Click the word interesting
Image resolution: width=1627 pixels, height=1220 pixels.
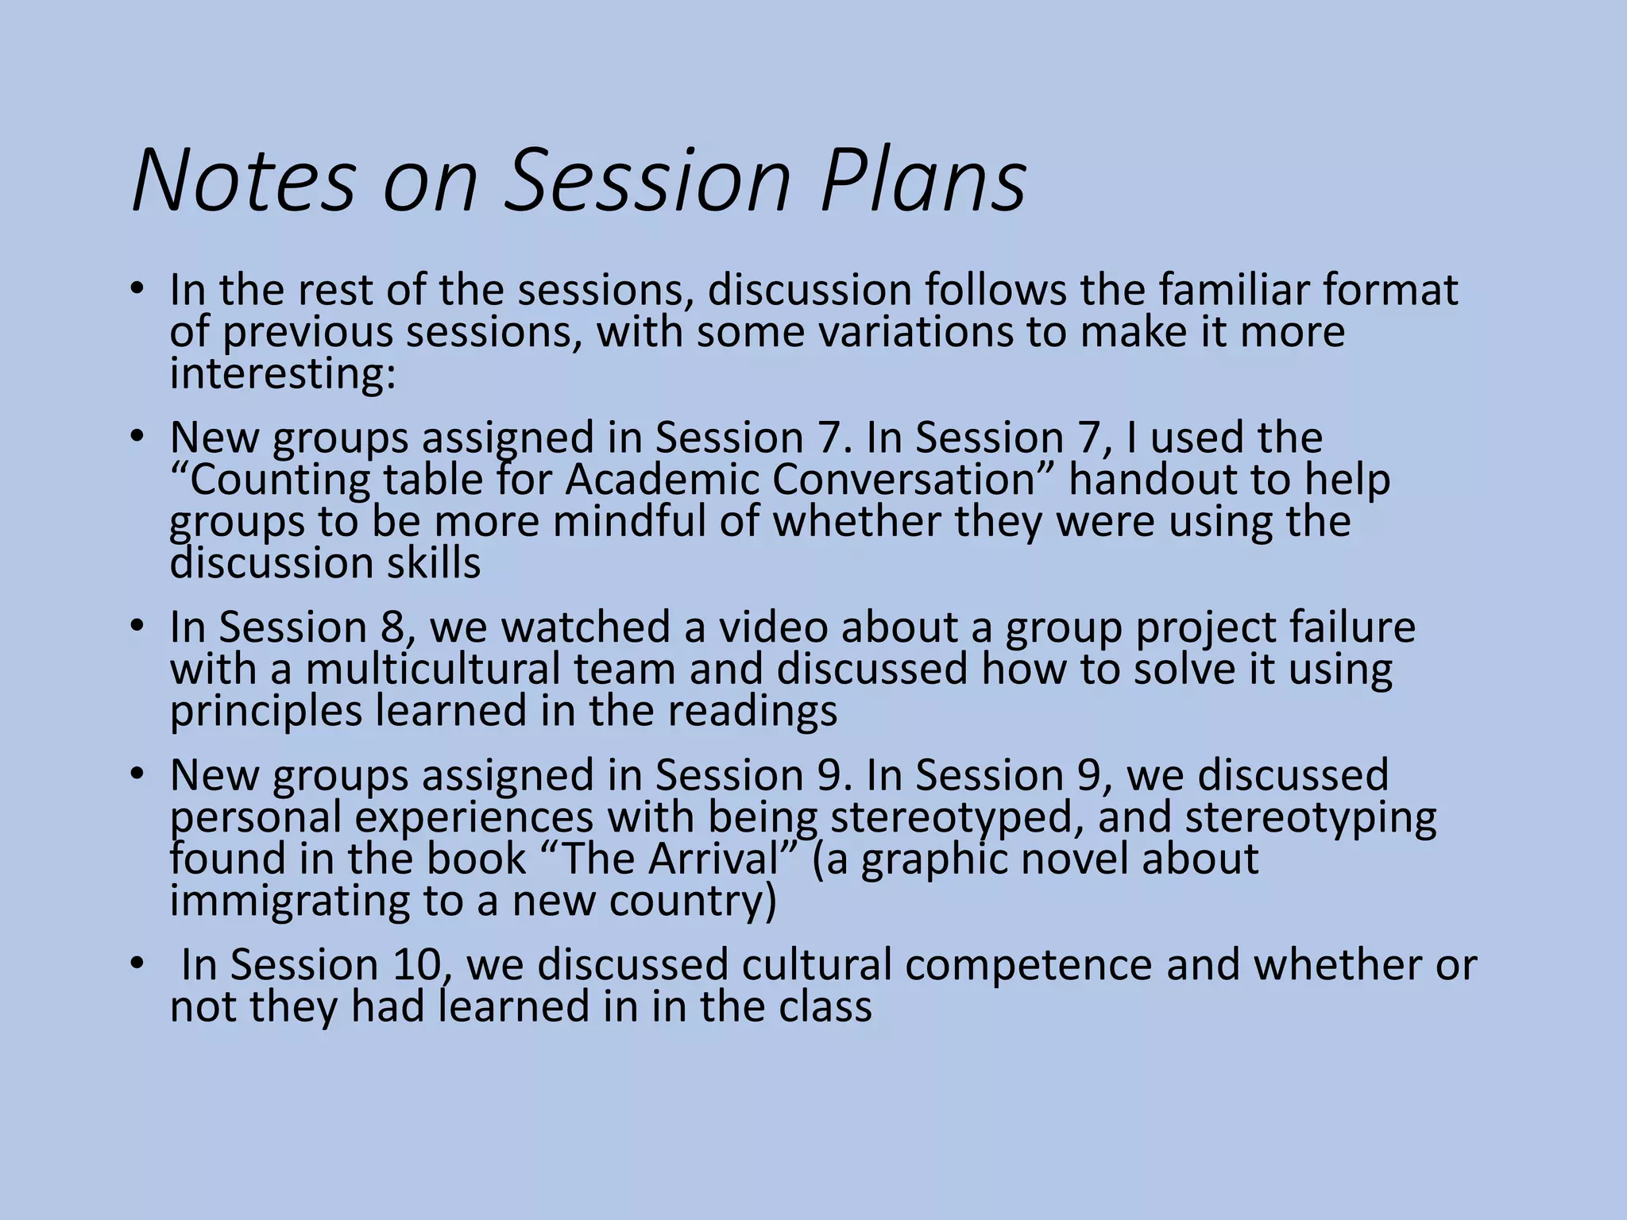(x=283, y=373)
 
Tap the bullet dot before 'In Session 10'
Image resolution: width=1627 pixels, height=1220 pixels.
(x=137, y=963)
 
